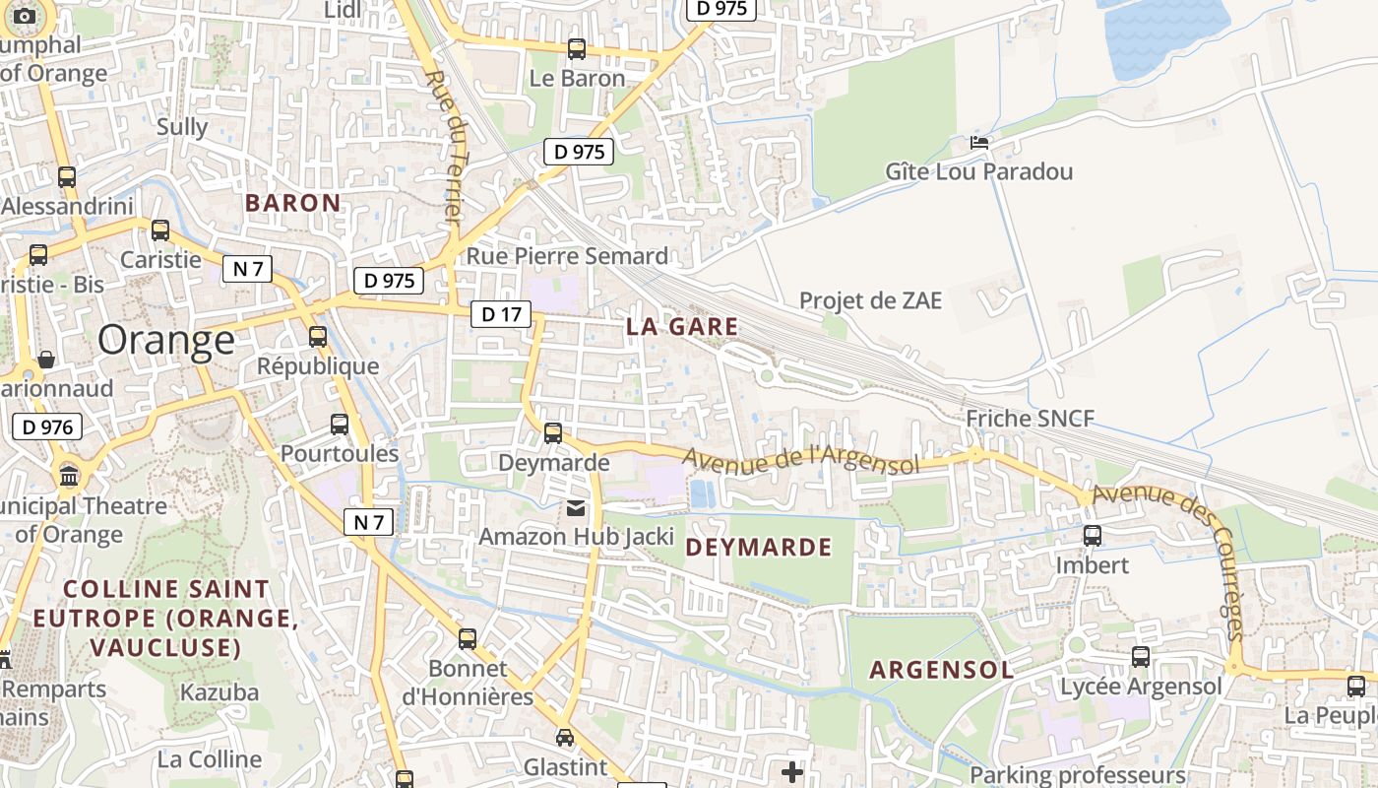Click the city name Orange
(x=166, y=340)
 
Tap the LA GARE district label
(x=682, y=327)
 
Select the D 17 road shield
(x=500, y=314)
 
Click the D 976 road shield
(x=47, y=427)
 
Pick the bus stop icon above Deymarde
(x=553, y=432)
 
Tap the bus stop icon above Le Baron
(x=577, y=48)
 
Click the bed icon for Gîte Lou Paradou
(x=978, y=142)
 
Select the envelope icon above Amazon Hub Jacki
(x=575, y=508)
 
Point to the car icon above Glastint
(x=565, y=737)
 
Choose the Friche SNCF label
(x=1030, y=419)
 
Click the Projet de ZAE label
(x=870, y=300)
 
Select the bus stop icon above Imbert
(x=1092, y=536)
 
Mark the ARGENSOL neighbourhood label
(x=941, y=671)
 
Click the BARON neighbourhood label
(x=293, y=203)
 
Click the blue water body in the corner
(x=1166, y=34)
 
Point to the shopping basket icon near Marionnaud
(x=45, y=360)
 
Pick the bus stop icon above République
(x=317, y=336)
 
